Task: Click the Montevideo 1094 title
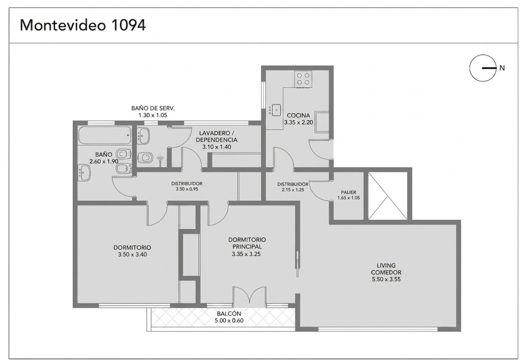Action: (83, 25)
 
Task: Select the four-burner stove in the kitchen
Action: (303, 79)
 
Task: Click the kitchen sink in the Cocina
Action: (276, 110)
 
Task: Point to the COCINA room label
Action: (298, 115)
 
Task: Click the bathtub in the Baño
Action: (105, 135)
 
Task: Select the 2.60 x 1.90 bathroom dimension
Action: (104, 161)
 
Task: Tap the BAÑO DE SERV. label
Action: (153, 108)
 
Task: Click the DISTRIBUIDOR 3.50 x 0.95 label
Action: (187, 186)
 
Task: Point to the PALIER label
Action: (348, 192)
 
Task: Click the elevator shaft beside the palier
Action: (388, 196)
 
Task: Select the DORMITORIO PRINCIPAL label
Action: (247, 243)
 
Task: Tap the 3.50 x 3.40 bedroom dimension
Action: (132, 254)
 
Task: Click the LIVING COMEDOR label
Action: (386, 269)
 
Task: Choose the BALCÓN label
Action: (229, 314)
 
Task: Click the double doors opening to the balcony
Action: (250, 295)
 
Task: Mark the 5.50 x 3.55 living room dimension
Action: (386, 279)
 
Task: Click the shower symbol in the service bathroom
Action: (160, 161)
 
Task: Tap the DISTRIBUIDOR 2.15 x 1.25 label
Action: (293, 187)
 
